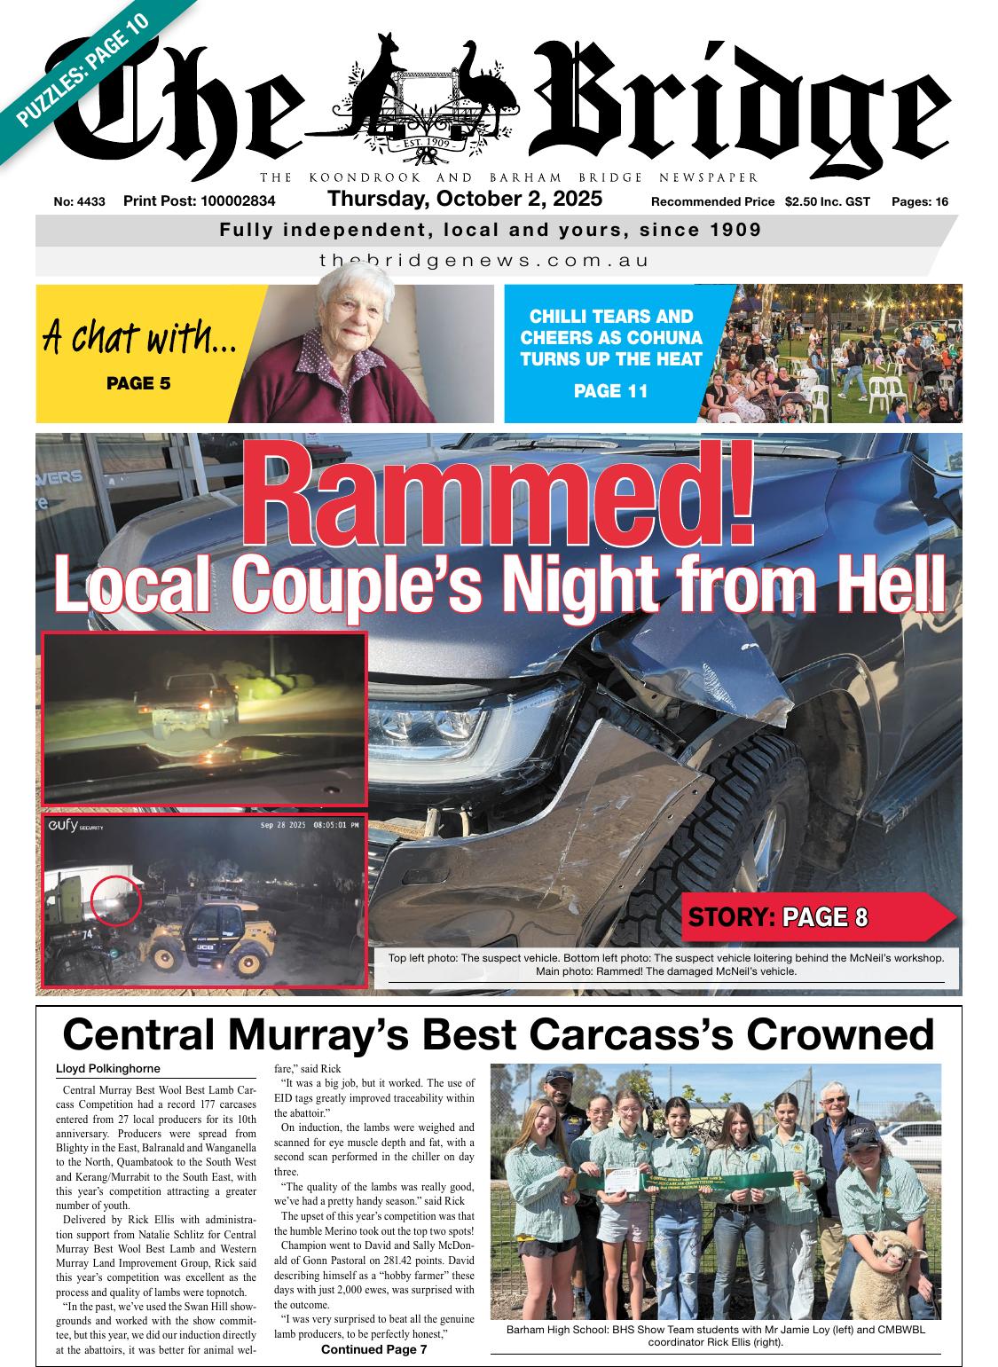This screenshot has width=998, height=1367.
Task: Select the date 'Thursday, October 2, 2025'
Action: coord(465,199)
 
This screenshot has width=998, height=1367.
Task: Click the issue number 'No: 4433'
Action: coord(79,202)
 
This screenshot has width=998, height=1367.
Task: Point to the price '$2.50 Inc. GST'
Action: coord(827,202)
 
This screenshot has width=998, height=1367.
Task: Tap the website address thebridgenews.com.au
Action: coord(484,261)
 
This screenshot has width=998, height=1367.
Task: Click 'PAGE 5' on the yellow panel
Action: coord(138,383)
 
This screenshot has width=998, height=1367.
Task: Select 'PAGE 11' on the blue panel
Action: coord(610,390)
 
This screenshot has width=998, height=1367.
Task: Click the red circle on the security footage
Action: coord(115,900)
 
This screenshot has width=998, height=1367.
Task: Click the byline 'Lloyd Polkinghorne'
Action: coord(108,1069)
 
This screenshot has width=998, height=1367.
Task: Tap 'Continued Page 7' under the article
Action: coord(373,1349)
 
